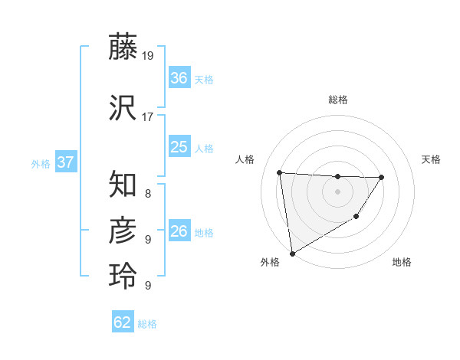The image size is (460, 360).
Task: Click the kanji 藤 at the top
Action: click(x=123, y=47)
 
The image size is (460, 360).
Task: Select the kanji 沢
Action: click(x=123, y=108)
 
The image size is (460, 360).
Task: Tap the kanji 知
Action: click(x=123, y=185)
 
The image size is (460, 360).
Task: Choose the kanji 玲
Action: click(x=123, y=275)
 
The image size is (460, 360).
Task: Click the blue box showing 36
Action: click(x=179, y=78)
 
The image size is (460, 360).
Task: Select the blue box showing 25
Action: click(x=179, y=147)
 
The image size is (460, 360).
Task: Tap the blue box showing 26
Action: click(x=179, y=231)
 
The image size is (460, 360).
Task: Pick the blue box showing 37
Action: click(x=65, y=162)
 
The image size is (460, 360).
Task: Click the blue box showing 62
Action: click(x=123, y=322)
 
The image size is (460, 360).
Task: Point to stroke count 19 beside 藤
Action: click(x=148, y=56)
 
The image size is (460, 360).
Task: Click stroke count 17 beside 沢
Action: click(x=148, y=117)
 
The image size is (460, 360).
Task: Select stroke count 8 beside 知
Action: click(x=148, y=194)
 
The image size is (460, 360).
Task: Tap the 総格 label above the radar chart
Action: click(x=337, y=100)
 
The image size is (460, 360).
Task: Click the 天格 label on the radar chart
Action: click(x=431, y=159)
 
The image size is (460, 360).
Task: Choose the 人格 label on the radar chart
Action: click(x=245, y=159)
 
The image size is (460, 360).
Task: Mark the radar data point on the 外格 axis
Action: click(x=292, y=253)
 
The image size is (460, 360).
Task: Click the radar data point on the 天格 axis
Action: click(x=382, y=177)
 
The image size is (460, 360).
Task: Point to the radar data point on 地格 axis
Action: click(x=356, y=218)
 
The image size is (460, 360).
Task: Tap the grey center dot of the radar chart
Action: click(x=337, y=191)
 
